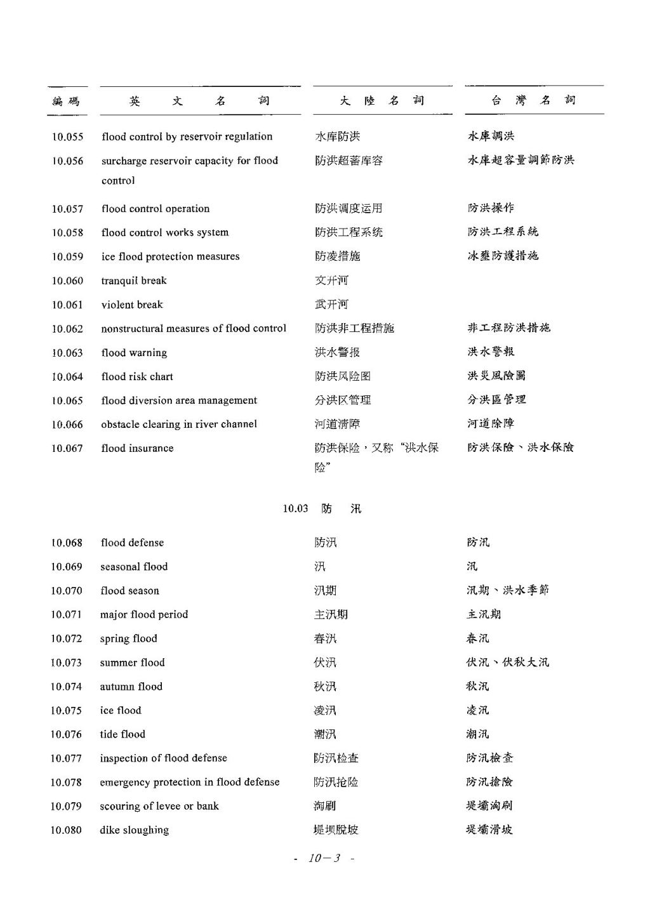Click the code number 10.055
[67, 137]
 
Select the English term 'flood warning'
[134, 353]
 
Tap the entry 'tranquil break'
[134, 281]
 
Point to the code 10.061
[67, 305]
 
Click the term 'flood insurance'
[137, 448]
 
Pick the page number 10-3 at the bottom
[324, 858]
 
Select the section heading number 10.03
[295, 508]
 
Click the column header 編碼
[66, 101]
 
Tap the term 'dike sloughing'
[134, 830]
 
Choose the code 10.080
[66, 830]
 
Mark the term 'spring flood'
[128, 638]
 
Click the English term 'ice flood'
[121, 710]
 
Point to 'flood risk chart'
[137, 377]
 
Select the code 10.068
[67, 543]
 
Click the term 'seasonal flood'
[134, 567]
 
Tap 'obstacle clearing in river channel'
[179, 425]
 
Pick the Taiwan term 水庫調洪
[491, 136]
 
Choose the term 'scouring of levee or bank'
[159, 806]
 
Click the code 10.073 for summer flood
[66, 663]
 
